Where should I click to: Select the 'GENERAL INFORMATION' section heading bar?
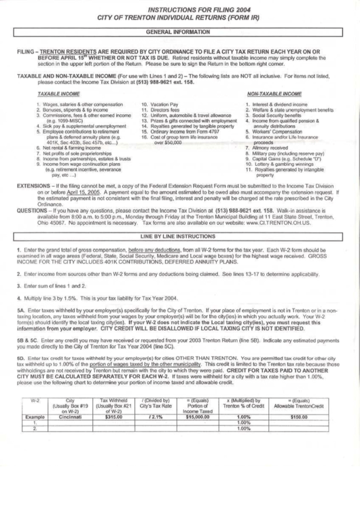pyautogui.click(x=180, y=32)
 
